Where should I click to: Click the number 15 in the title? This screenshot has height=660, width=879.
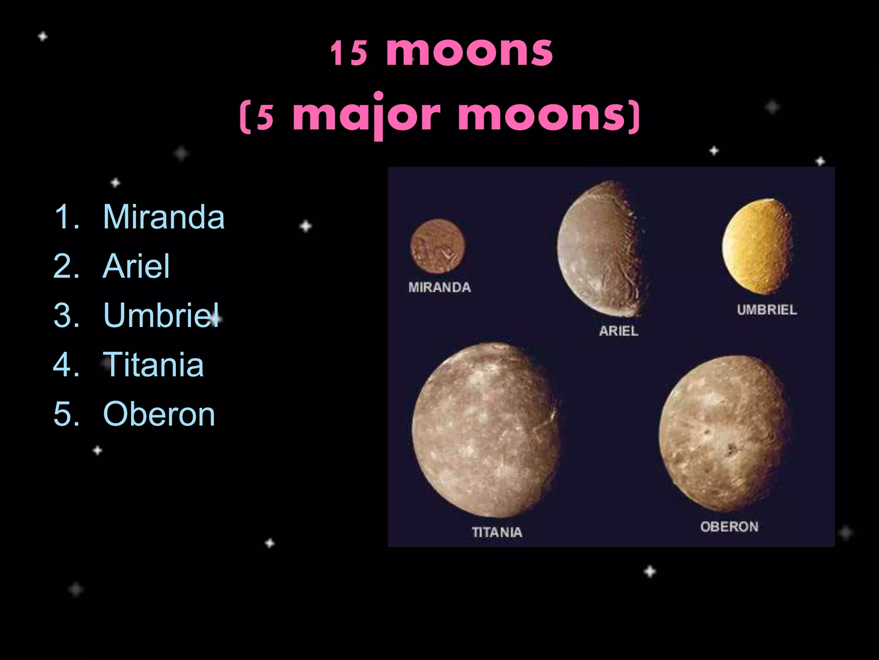point(349,53)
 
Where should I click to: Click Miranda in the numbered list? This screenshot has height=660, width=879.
point(164,217)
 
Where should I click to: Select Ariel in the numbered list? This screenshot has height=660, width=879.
point(136,266)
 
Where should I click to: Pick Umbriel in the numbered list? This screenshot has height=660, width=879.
point(161,315)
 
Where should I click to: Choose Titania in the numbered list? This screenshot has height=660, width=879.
point(153,364)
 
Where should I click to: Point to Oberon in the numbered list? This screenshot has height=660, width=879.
point(159,414)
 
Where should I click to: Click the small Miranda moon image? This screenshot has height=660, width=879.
point(437,246)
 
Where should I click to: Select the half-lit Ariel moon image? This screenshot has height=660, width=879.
point(601,249)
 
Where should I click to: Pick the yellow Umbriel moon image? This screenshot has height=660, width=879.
point(758,247)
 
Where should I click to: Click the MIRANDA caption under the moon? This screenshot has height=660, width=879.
point(439,287)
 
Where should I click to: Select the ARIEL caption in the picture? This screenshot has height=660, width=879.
point(618,331)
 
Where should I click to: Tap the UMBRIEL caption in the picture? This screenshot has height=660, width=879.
point(767,310)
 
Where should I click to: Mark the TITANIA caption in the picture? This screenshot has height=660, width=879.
point(497,532)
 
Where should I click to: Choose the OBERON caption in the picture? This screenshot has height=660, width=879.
point(729,527)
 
